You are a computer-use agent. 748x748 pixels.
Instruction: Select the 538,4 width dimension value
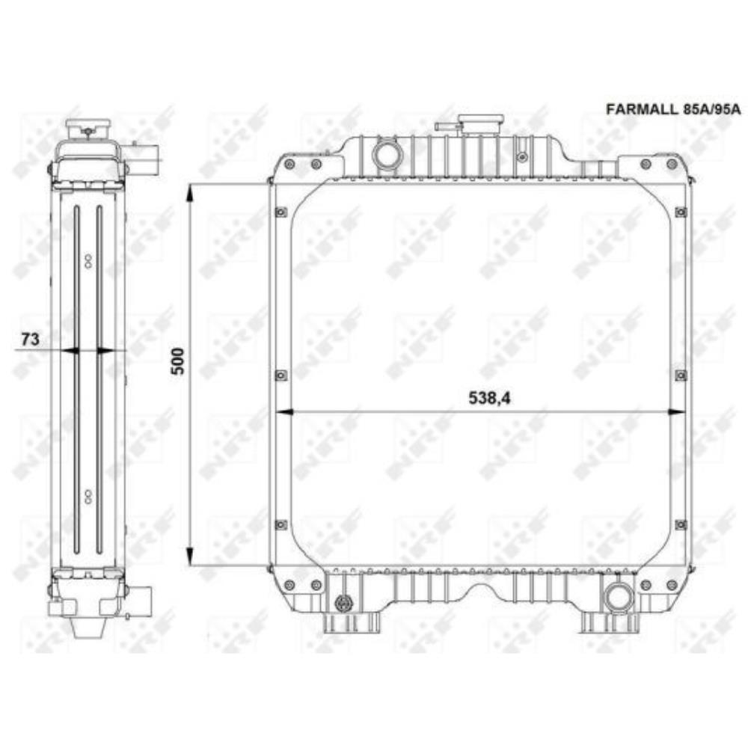[491, 399]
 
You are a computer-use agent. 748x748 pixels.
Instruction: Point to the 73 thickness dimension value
[29, 339]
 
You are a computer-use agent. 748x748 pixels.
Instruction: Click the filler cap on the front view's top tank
[480, 122]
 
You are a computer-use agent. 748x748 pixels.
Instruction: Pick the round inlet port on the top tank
[387, 156]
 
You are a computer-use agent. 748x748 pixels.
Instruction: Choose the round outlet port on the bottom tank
[619, 597]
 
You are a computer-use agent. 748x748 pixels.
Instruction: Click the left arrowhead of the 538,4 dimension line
[284, 411]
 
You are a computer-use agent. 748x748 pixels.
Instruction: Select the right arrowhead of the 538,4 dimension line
[675, 411]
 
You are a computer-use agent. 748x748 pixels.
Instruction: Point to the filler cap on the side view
[88, 126]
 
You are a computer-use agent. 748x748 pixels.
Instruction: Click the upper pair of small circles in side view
[88, 260]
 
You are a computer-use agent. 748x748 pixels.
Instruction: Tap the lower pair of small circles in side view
[88, 494]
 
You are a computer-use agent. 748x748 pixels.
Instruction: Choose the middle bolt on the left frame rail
[280, 375]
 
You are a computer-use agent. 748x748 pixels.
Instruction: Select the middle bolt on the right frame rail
[680, 375]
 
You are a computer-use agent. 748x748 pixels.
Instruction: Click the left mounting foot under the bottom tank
[335, 622]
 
